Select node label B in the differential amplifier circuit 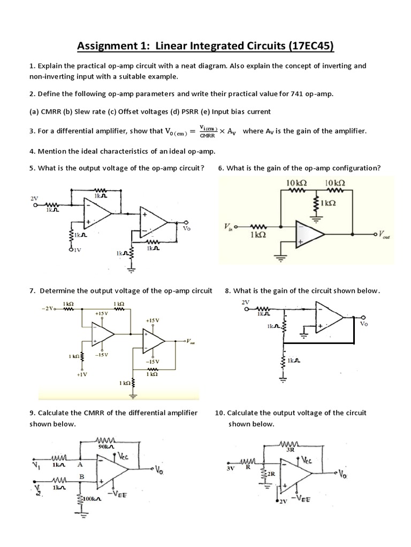82,476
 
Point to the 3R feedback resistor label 291,450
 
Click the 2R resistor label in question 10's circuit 271,474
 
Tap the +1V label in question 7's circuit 82,375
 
